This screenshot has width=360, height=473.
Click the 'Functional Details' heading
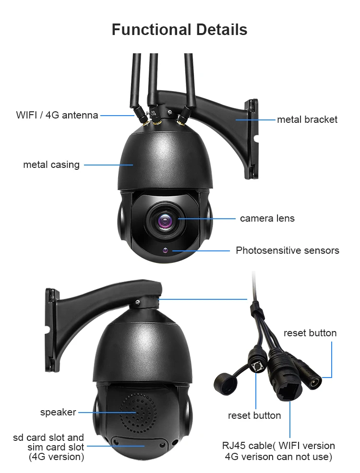(180, 30)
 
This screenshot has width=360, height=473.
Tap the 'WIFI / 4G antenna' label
(57, 115)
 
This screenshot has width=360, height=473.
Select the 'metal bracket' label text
(307, 119)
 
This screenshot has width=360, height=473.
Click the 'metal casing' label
(51, 165)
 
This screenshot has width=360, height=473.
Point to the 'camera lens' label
(267, 218)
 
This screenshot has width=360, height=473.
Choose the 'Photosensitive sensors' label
(287, 250)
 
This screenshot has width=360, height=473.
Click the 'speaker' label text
(58, 412)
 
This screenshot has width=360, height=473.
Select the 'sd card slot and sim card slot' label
(49, 447)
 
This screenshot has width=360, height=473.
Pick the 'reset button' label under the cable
(254, 415)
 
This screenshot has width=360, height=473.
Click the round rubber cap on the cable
(226, 382)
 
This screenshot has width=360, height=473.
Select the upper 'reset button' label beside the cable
(310, 333)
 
